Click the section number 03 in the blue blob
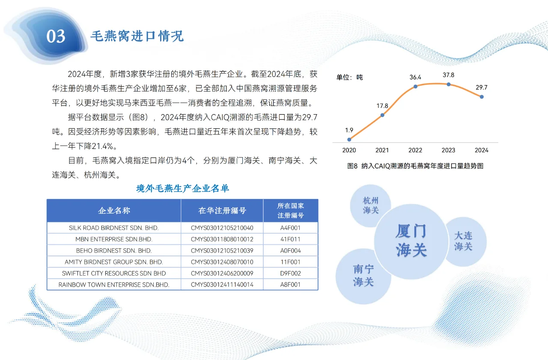(56, 36)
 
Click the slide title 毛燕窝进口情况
(137, 36)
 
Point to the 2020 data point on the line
(349, 139)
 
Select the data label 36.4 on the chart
(415, 77)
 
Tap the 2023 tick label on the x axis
(448, 150)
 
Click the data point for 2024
(482, 97)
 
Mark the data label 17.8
(382, 106)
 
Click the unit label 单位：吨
(349, 77)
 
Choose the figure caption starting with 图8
(415, 166)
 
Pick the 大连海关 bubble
(463, 241)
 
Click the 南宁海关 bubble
(363, 275)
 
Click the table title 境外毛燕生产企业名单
(183, 188)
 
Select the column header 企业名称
(114, 211)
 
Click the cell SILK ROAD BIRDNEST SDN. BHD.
(114, 228)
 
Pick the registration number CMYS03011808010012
(222, 239)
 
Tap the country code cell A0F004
(290, 250)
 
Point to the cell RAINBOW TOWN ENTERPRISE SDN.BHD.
(114, 284)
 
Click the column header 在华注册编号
(222, 211)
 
